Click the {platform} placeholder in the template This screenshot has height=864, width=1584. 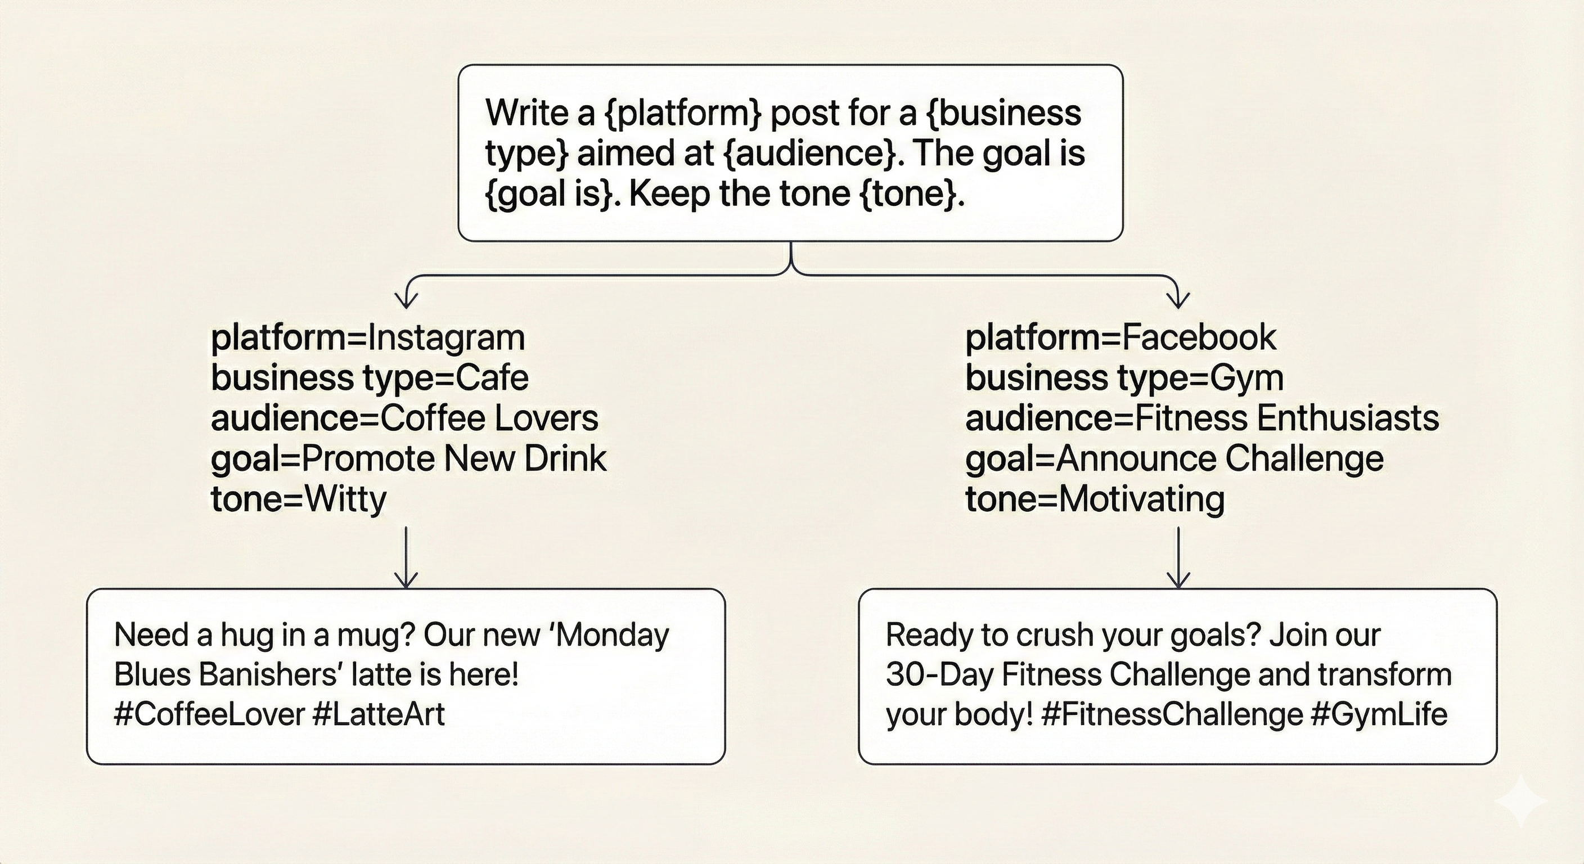coord(684,114)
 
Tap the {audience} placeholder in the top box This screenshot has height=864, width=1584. coord(811,154)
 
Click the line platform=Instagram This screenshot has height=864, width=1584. coord(368,339)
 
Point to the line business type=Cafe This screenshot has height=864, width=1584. coord(370,378)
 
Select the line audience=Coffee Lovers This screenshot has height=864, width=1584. coord(404,418)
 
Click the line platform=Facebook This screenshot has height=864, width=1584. coord(1120,339)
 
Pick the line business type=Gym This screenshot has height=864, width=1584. coord(1124,378)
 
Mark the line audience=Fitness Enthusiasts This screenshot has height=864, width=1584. coord(1202,418)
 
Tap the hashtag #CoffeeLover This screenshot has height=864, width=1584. coord(210,714)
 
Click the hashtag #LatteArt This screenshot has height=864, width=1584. coord(379,714)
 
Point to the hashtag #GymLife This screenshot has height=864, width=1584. coord(1379,714)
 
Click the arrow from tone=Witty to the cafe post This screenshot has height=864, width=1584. coord(406,557)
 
